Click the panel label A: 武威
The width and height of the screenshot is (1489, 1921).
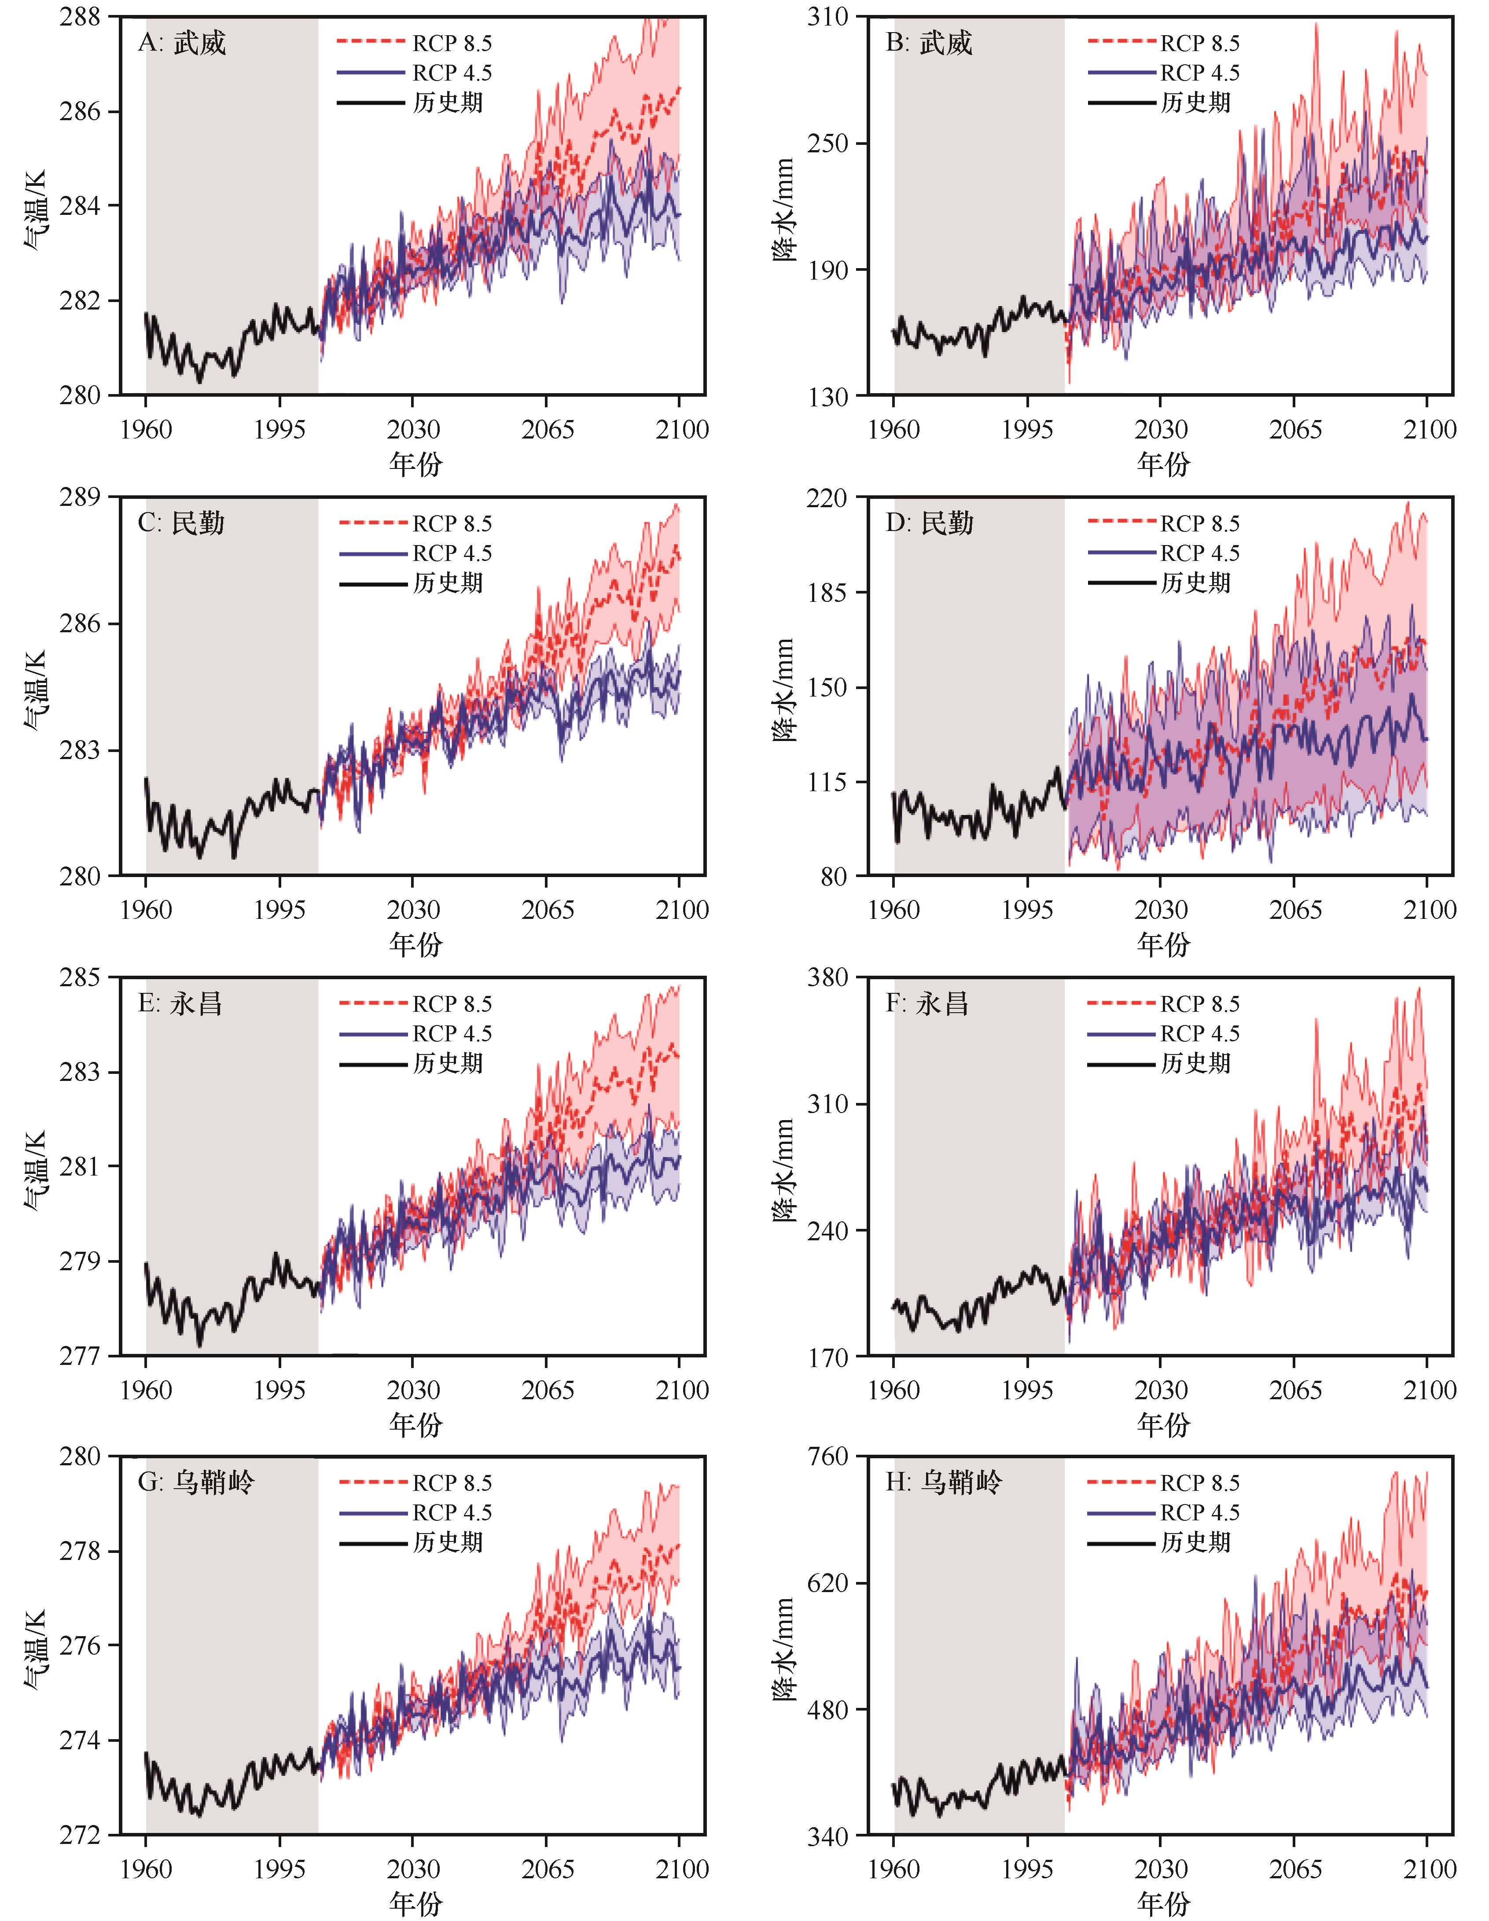(x=182, y=42)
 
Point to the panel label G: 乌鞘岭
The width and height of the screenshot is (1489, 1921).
(x=196, y=1483)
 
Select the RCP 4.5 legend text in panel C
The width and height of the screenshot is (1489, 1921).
(x=452, y=553)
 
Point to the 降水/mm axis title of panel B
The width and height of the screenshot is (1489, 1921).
(x=783, y=209)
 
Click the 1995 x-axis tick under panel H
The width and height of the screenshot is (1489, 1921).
(x=1027, y=1869)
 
